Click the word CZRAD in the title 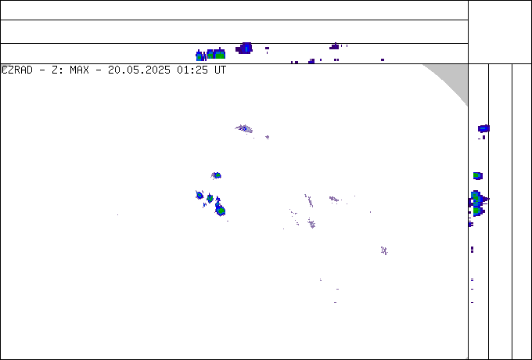17,70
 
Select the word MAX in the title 79,70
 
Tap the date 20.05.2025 139,70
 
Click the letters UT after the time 220,70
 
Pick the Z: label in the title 58,70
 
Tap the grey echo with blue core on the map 244,128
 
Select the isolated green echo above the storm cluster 217,175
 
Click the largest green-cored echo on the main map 220,211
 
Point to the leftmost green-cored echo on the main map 199,195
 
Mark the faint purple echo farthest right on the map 384,250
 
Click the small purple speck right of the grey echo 268,137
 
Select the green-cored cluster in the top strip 210,54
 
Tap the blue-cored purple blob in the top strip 245,49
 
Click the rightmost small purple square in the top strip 383,59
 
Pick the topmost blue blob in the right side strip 483,128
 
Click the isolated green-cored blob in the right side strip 478,176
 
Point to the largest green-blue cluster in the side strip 478,203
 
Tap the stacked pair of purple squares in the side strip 472,250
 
